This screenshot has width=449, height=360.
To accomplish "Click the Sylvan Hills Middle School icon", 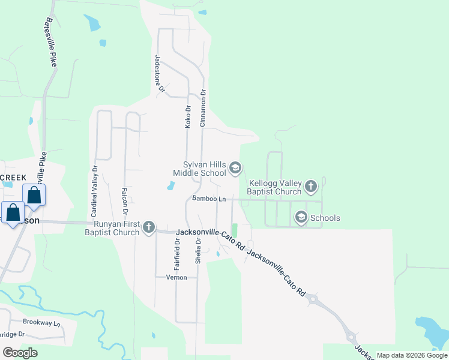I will [x=235, y=168].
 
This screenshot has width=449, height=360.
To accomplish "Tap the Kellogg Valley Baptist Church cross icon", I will [x=310, y=186].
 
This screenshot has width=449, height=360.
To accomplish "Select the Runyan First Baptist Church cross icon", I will [x=149, y=227].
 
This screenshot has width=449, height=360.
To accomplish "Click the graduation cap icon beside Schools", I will [x=301, y=218].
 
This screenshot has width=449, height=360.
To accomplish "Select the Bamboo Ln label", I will [x=209, y=199].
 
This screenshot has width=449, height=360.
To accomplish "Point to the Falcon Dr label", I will [x=125, y=200].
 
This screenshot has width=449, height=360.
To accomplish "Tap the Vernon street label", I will [x=185, y=277].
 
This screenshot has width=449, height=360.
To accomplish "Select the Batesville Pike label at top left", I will [x=50, y=41].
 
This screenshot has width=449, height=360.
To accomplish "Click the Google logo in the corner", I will [x=20, y=353].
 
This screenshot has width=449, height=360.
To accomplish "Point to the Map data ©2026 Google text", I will [x=411, y=355].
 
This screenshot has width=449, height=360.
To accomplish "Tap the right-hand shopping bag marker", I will [x=34, y=196].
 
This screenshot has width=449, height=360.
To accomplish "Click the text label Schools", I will [x=325, y=218].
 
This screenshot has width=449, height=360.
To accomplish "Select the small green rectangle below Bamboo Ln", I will [x=235, y=230].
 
